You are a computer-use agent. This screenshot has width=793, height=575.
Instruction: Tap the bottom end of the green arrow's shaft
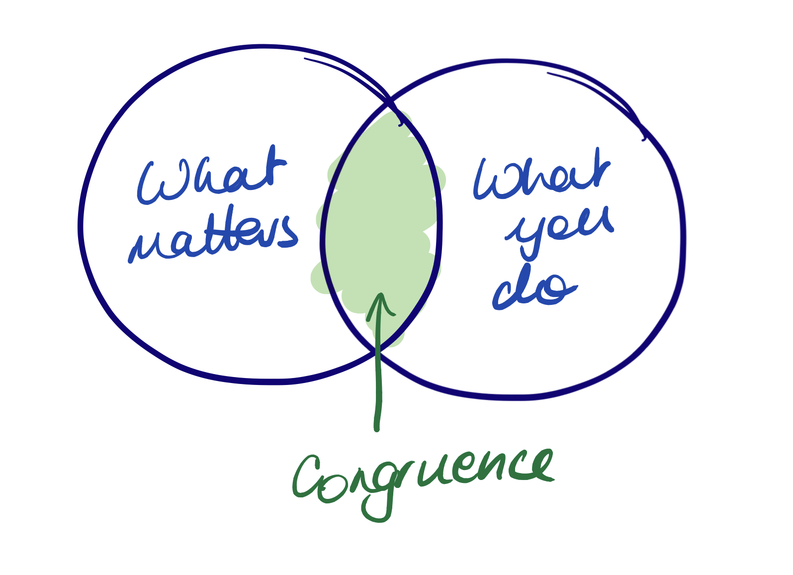coord(377,428)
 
